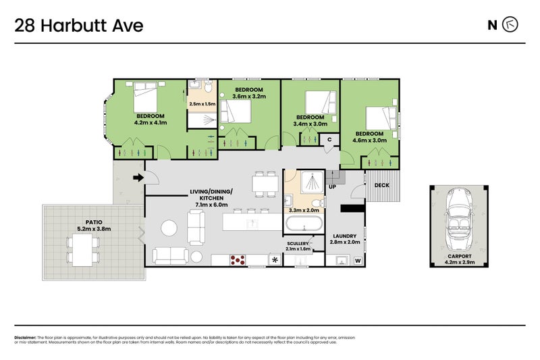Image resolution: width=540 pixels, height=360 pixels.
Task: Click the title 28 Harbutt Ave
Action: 79,26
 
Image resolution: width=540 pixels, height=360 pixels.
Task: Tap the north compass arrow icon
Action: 511,26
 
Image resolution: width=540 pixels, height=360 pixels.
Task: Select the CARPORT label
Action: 457,256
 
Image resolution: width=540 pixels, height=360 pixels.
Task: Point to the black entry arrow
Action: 138,178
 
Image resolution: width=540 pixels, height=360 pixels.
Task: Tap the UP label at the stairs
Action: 332,186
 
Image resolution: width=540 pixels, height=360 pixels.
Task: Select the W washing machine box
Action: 357,260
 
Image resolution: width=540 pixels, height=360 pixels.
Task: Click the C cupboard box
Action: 329,139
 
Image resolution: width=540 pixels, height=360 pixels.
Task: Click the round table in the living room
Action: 168,227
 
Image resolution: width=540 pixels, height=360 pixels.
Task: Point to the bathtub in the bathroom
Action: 305,224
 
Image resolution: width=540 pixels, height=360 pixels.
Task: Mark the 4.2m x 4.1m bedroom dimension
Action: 151,122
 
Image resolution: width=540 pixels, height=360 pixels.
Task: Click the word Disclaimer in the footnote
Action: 25,337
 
